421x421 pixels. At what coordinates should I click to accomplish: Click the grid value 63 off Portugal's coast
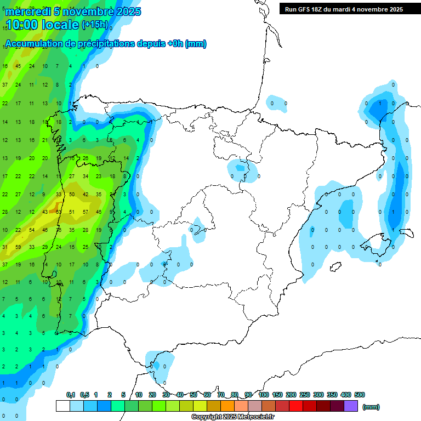point(58,212)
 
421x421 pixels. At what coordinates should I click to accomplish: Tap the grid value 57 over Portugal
point(85,212)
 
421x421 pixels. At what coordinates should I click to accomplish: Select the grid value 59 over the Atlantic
point(18,247)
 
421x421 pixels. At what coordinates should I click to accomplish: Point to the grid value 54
point(31,230)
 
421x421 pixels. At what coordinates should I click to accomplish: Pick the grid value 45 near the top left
point(18,66)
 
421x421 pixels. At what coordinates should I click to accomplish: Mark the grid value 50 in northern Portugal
point(72,194)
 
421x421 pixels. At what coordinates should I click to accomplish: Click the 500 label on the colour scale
point(359,395)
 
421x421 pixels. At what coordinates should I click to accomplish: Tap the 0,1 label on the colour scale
point(71,395)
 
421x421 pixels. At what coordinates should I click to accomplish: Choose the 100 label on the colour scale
point(263,395)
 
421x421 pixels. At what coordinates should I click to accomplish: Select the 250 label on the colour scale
point(304,395)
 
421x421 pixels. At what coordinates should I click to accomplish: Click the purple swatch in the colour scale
point(351,406)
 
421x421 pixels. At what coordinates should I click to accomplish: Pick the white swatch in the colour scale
point(62,406)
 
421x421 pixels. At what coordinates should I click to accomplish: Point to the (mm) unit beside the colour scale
point(371,407)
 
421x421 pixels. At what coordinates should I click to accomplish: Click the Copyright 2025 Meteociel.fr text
point(232,417)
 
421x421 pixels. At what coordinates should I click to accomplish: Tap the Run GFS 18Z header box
point(344,9)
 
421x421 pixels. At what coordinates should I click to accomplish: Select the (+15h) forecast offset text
point(95,25)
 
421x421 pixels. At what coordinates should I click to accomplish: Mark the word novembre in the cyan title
point(84,11)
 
